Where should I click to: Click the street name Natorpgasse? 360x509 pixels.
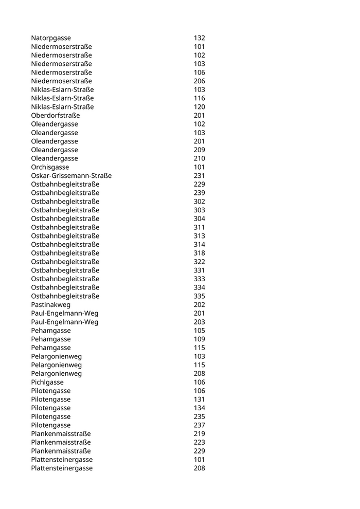51,38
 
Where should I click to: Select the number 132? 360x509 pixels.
199,38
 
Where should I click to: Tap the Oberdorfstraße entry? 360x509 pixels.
56,115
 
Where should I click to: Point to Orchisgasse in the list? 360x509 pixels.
50,167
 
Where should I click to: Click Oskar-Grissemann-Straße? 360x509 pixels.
71,176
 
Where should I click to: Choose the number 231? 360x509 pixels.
199,176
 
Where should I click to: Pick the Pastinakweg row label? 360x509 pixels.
50,305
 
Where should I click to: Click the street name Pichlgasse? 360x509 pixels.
47,382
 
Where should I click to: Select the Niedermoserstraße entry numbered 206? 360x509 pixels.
61,81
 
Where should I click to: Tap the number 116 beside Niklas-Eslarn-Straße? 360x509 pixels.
199,98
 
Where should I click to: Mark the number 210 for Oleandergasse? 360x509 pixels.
199,158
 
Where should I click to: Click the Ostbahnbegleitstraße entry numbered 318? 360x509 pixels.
65,253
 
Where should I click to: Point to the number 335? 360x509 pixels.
199,296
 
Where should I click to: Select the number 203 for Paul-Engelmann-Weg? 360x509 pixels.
199,322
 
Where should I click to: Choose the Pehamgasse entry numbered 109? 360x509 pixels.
51,339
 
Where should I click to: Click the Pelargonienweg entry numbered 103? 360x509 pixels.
56,356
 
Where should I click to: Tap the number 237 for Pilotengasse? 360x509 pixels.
199,425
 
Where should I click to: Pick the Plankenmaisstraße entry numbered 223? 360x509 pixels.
61,442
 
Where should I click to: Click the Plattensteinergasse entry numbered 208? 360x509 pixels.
62,468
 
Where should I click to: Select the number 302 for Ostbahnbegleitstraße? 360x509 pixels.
199,202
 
